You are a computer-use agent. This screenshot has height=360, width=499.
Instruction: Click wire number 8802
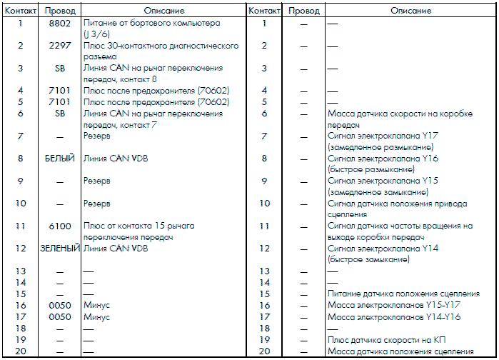point(59,24)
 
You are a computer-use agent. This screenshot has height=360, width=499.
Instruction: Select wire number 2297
point(59,46)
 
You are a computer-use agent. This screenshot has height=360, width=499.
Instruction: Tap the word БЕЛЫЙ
point(59,159)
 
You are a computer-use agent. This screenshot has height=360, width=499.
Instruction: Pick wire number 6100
point(59,226)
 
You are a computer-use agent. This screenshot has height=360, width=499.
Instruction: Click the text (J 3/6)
point(98,34)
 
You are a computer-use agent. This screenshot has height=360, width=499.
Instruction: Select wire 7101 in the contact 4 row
point(59,91)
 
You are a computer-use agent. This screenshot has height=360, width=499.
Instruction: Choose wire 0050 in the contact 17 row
point(59,316)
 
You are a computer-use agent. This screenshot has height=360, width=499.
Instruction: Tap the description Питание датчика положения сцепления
point(403,294)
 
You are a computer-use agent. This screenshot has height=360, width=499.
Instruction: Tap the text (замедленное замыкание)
point(377,192)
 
